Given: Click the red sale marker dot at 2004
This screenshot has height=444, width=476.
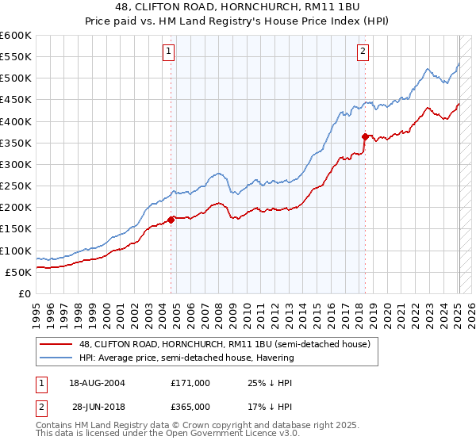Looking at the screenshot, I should (171, 220).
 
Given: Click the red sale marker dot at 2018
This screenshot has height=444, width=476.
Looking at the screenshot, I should (365, 136).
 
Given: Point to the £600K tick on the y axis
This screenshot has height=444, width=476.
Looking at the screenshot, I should (16, 36).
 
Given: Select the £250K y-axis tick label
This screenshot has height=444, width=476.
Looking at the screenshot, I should (16, 186).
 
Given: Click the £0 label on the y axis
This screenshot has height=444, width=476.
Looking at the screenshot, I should (24, 293).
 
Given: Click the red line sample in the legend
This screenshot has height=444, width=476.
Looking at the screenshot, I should (57, 344).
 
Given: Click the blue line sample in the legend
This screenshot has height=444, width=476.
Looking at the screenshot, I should (57, 358).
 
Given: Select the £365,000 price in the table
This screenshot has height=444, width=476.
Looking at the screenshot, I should (190, 407).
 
